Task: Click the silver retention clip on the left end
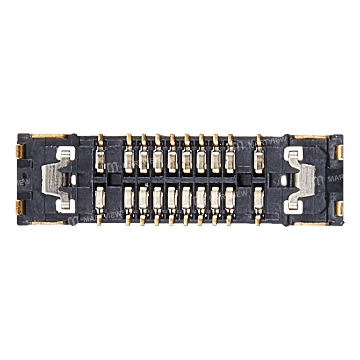point(54,179)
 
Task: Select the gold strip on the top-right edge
point(311,137)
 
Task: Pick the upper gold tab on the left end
point(20,152)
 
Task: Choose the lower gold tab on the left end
point(19,208)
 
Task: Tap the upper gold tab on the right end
point(339,152)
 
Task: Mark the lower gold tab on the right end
point(339,208)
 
